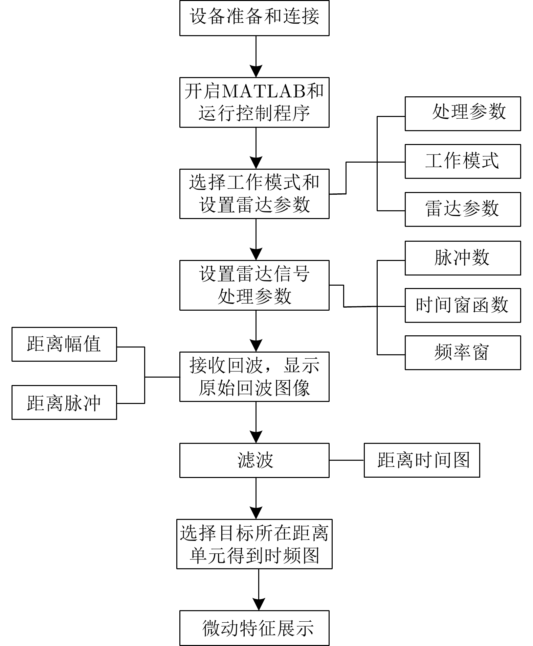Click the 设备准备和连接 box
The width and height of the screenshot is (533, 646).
click(x=254, y=18)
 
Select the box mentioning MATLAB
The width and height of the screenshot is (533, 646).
click(x=254, y=102)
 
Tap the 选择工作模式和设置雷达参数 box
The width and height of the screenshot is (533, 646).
click(x=254, y=194)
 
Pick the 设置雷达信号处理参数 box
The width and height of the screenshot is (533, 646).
click(x=254, y=285)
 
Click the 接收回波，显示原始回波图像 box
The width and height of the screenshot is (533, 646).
click(x=254, y=377)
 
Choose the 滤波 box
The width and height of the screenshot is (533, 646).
click(x=254, y=460)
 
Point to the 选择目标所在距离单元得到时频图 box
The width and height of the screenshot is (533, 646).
click(x=254, y=544)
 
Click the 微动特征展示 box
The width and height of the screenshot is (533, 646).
click(x=254, y=628)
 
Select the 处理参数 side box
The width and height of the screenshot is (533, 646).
click(x=463, y=114)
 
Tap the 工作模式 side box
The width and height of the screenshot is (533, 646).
click(x=463, y=161)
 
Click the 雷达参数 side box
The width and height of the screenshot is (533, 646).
click(x=463, y=209)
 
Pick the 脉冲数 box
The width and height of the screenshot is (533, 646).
click(x=463, y=258)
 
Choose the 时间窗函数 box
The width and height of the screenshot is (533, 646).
click(x=463, y=305)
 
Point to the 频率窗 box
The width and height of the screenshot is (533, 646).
click(x=463, y=353)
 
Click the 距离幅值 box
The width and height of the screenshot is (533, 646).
click(x=64, y=344)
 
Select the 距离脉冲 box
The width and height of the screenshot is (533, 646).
click(x=64, y=402)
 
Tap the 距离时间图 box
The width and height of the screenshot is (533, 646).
click(x=422, y=460)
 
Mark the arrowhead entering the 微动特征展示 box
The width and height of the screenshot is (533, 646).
click(x=259, y=604)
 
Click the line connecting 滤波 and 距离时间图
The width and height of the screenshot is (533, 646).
click(x=347, y=460)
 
